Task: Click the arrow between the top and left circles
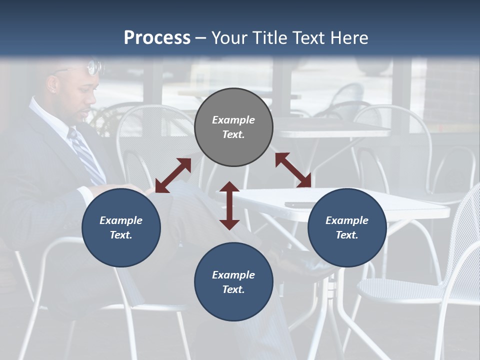point(173,175)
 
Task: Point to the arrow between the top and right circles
point(293,170)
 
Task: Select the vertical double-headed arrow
point(229,205)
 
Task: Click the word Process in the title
point(157,37)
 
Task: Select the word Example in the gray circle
point(233,120)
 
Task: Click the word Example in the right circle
point(347,220)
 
